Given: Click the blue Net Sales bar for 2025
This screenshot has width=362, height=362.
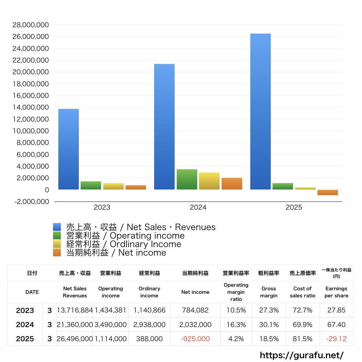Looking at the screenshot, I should click(x=261, y=111).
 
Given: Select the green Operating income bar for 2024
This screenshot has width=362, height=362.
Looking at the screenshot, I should click(x=187, y=180).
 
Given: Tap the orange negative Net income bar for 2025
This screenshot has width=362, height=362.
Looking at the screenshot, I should click(x=328, y=192).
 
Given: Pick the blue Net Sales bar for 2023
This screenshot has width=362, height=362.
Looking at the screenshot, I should click(x=69, y=149).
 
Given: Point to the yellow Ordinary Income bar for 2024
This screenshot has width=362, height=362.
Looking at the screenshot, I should click(x=209, y=181).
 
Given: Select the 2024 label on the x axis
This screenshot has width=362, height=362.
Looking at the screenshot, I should click(x=198, y=208).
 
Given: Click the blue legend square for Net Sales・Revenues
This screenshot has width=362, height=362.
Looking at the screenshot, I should click(x=57, y=227).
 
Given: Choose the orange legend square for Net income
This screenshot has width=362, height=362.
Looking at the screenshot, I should click(x=57, y=253).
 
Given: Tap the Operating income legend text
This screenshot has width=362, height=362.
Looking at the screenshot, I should click(x=125, y=236).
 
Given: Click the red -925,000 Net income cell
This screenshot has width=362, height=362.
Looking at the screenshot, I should click(x=195, y=339).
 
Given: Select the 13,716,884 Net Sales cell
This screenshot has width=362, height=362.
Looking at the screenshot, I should click(x=75, y=310).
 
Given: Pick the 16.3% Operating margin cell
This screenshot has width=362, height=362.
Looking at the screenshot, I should click(x=236, y=325).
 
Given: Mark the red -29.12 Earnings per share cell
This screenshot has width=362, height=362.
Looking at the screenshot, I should click(x=336, y=339).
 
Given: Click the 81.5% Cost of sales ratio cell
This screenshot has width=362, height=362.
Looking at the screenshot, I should click(x=302, y=339).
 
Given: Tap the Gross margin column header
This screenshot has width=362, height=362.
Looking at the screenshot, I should click(x=269, y=292).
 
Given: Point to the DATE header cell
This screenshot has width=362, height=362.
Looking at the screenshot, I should click(x=32, y=292).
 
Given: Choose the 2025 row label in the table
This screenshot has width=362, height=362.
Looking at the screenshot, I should click(x=25, y=339).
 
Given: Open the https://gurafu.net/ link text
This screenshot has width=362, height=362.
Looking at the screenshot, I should click(x=302, y=355).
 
